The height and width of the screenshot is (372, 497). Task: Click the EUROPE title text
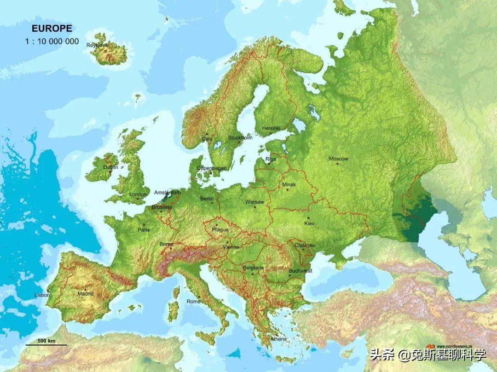52,29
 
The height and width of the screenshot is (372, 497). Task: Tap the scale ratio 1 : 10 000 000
52,41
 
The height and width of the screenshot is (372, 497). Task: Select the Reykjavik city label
97,45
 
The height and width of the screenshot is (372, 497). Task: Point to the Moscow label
338,159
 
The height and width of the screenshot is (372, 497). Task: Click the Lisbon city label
42,295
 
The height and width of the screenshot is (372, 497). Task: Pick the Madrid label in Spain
85,293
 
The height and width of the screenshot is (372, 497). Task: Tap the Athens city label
278,339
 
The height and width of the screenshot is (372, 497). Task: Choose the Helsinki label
271,128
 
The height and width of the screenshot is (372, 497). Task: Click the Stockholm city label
240,137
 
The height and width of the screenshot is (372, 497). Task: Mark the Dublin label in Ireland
110,167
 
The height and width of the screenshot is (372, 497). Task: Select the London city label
138,194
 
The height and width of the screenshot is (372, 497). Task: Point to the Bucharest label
300,271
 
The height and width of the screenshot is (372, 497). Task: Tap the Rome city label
193,301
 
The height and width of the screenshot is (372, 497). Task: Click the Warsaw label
254,202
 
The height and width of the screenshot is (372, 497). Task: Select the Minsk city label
289,184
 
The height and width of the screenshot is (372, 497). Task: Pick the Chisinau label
304,245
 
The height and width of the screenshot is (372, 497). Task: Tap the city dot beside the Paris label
144,225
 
